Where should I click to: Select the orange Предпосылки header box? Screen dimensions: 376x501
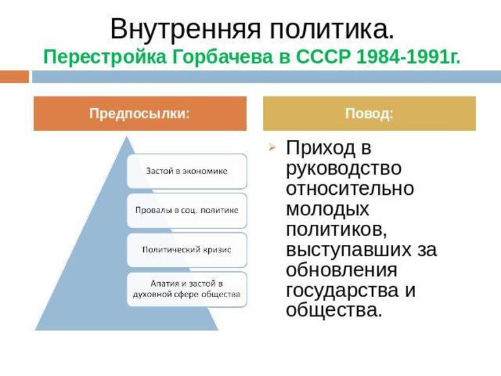pos(140,113)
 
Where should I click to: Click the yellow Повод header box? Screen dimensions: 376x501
pos(369,113)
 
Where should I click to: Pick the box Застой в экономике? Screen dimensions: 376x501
pos(187,171)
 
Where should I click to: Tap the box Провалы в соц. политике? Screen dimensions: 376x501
pos(187,210)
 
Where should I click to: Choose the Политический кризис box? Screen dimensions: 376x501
pos(187,250)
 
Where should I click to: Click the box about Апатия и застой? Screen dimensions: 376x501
pos(187,289)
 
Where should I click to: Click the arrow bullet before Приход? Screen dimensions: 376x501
pos(272,148)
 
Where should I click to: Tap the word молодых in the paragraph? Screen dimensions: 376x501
pos(327,209)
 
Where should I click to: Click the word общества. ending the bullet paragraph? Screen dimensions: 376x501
pos(334,310)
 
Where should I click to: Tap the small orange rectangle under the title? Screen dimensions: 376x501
pos(14,77)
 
